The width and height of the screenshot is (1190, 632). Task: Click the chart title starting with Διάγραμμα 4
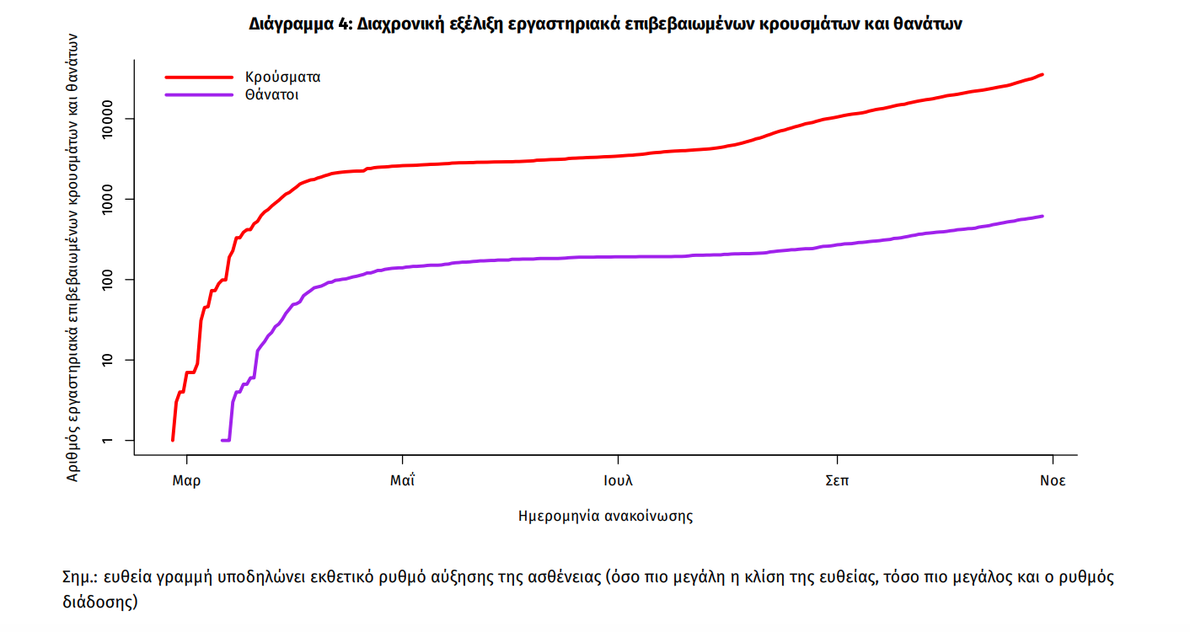point(605,24)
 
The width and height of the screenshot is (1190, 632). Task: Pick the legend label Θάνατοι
point(272,95)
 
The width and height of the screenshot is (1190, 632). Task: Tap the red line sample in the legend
point(198,77)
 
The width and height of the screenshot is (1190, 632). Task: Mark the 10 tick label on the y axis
point(119,360)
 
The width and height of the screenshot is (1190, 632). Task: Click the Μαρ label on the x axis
point(185,481)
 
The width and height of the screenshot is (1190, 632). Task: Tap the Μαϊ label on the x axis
point(403,481)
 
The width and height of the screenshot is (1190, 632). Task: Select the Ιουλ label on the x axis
point(618,481)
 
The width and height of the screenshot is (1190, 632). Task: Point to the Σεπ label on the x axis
point(837,481)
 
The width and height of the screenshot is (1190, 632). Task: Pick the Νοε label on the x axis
point(1052,481)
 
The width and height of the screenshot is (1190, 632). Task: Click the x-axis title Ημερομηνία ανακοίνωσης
point(605,516)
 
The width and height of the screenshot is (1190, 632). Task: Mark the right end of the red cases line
point(1043,74)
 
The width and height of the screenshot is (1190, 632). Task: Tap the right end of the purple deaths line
point(1043,217)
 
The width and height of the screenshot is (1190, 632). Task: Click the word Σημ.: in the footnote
point(80,578)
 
